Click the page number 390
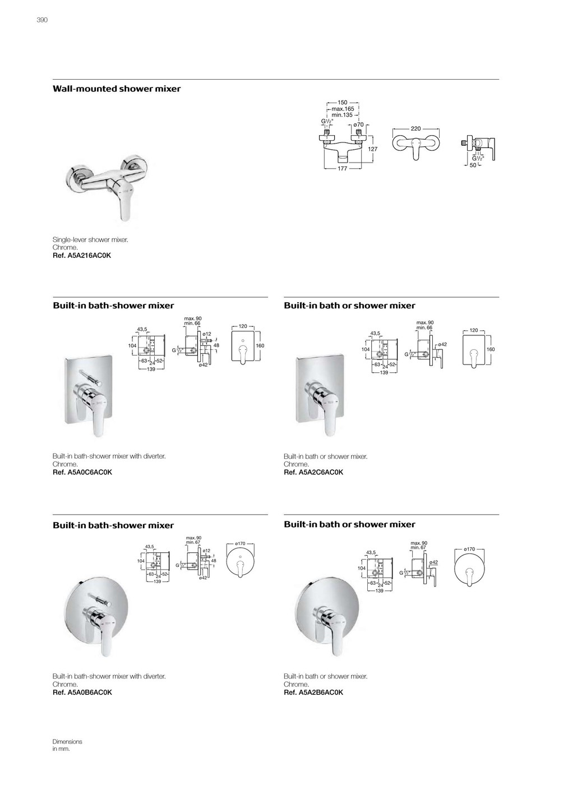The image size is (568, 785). pos(42,20)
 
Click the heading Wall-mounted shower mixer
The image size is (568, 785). pos(117,89)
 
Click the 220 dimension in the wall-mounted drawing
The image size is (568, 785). pos(415,128)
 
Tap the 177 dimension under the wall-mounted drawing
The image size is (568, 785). pos(343,168)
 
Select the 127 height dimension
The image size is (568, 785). pos(373,149)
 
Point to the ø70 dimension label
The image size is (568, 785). pos(359,124)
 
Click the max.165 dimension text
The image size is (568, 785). pos(343,109)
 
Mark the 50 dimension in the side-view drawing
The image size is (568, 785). pos(473,165)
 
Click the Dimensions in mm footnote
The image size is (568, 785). pos(67,745)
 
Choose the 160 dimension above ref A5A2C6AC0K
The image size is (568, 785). pos(491,349)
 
